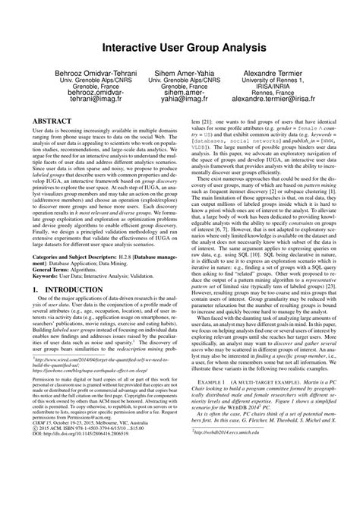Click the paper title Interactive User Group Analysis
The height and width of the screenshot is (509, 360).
pos(179,48)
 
